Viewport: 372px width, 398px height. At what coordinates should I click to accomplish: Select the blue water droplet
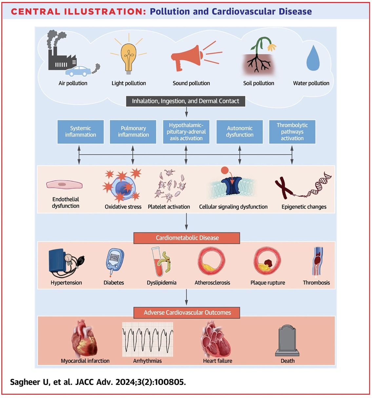(x=313, y=58)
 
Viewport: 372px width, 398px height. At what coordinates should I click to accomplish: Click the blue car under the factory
(x=78, y=71)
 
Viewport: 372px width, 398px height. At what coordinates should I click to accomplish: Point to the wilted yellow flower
(x=272, y=47)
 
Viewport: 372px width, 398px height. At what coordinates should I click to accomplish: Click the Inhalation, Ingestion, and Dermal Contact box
(x=186, y=101)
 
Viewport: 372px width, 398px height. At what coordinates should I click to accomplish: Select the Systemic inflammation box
(x=81, y=132)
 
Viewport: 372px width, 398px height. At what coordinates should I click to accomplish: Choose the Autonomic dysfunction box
(x=240, y=132)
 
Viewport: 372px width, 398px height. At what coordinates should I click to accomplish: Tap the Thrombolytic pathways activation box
(x=292, y=132)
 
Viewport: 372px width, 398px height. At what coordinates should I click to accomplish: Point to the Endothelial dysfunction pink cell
(x=64, y=184)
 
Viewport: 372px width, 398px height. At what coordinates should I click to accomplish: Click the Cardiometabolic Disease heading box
(x=187, y=238)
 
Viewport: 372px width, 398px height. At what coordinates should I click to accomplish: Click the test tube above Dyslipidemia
(x=158, y=262)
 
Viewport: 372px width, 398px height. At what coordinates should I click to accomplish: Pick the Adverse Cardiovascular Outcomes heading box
(x=187, y=313)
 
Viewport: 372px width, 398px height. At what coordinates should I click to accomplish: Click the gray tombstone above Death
(x=287, y=340)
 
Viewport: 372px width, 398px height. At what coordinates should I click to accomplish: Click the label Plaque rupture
(x=267, y=283)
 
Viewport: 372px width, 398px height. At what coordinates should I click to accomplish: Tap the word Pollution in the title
(x=170, y=11)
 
